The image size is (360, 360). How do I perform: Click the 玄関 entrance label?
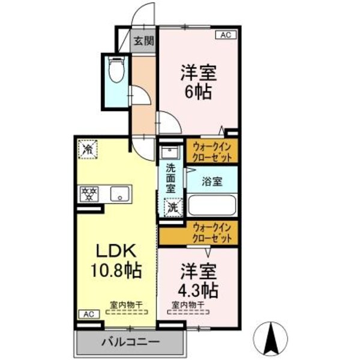144,41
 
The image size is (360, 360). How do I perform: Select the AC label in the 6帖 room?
226,35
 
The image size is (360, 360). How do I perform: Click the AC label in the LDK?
88,314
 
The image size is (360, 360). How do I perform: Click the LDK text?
116,251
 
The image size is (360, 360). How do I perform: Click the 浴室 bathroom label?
211,182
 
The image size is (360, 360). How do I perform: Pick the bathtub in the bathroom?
211,205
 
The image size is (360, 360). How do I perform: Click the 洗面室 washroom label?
171,178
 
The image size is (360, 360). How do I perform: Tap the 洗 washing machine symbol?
172,208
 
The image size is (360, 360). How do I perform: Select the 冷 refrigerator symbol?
88,148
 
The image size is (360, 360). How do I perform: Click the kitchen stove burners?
90,193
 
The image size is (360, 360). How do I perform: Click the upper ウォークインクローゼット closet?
213,151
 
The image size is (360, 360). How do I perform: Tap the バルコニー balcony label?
130,342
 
